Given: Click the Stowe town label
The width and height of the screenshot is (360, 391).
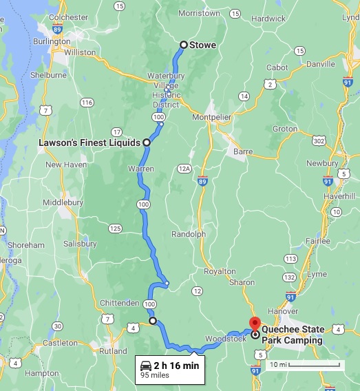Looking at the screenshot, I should pyautogui.click(x=204, y=45).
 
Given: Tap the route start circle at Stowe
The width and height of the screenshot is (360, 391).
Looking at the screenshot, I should pyautogui.click(x=184, y=45).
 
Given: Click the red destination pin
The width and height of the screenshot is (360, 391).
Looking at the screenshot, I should pyautogui.click(x=254, y=324).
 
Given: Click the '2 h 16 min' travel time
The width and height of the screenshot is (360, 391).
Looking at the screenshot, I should pyautogui.click(x=176, y=366).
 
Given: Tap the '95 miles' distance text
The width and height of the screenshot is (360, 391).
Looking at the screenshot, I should pyautogui.click(x=156, y=376).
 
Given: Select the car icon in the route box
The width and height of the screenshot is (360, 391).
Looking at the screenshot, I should pyautogui.click(x=145, y=366).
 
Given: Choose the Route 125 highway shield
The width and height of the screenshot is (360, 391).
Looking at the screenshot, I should pyautogui.click(x=115, y=228).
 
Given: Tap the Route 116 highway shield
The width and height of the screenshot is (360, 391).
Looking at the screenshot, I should pyautogui.click(x=87, y=103).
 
